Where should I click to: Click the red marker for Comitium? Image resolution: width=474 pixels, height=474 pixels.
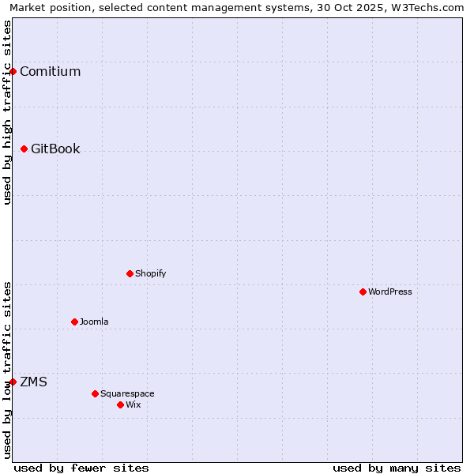point(13,72)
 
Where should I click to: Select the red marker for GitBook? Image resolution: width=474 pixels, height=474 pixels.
point(24,149)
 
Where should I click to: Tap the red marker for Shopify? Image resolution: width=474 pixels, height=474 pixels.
point(130,274)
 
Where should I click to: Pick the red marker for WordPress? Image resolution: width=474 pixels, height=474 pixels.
point(363,292)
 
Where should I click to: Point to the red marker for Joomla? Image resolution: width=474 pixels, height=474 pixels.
point(74,322)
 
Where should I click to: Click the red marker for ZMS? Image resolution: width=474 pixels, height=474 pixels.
point(13,382)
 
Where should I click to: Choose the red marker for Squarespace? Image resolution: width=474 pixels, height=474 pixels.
point(95,393)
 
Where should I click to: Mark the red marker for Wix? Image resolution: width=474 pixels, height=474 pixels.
point(120,405)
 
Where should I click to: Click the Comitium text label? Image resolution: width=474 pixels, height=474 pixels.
point(50,72)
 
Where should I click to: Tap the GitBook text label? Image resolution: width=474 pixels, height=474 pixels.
point(55,149)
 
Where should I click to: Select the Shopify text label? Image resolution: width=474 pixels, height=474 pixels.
point(150,274)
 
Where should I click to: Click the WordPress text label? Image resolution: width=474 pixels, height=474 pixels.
point(389,292)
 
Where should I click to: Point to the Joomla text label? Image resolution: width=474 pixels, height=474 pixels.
point(94,322)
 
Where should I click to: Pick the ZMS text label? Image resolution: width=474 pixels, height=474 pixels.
point(33,382)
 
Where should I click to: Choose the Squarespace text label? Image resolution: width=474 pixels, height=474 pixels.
point(127,393)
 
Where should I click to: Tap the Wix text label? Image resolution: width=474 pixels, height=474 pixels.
point(134,405)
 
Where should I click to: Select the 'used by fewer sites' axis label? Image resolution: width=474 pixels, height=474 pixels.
point(81,468)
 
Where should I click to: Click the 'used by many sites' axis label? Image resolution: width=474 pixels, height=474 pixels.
point(397,468)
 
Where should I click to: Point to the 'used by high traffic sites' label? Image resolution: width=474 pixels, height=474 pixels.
point(8,112)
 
